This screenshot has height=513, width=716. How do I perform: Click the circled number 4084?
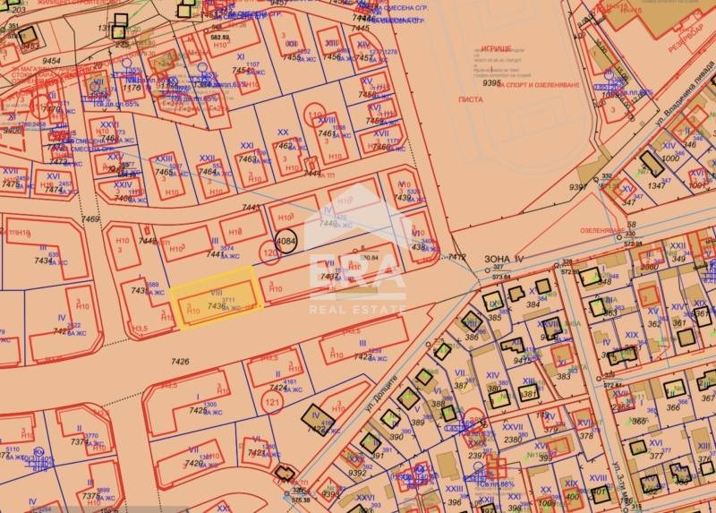point(286,242)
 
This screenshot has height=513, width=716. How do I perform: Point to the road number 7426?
point(180,362)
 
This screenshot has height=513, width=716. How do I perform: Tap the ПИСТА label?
point(489,99)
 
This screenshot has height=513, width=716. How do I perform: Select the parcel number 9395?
point(491,82)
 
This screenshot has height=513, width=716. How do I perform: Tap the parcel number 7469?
point(90,219)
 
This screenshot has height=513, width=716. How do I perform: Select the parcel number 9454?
point(51,62)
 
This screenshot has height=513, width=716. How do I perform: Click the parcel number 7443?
point(251,208)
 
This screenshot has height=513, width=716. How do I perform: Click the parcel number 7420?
point(194,463)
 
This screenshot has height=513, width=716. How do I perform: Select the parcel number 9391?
point(577,187)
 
